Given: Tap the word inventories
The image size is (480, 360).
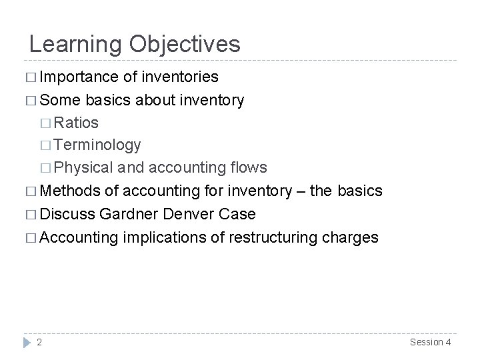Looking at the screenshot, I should [181, 77].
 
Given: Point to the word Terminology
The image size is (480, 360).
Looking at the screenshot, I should [97, 145].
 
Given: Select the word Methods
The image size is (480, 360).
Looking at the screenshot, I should [69, 191].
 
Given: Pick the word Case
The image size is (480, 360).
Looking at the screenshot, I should [238, 214].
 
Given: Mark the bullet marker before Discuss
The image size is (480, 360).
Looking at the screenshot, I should [31, 215].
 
